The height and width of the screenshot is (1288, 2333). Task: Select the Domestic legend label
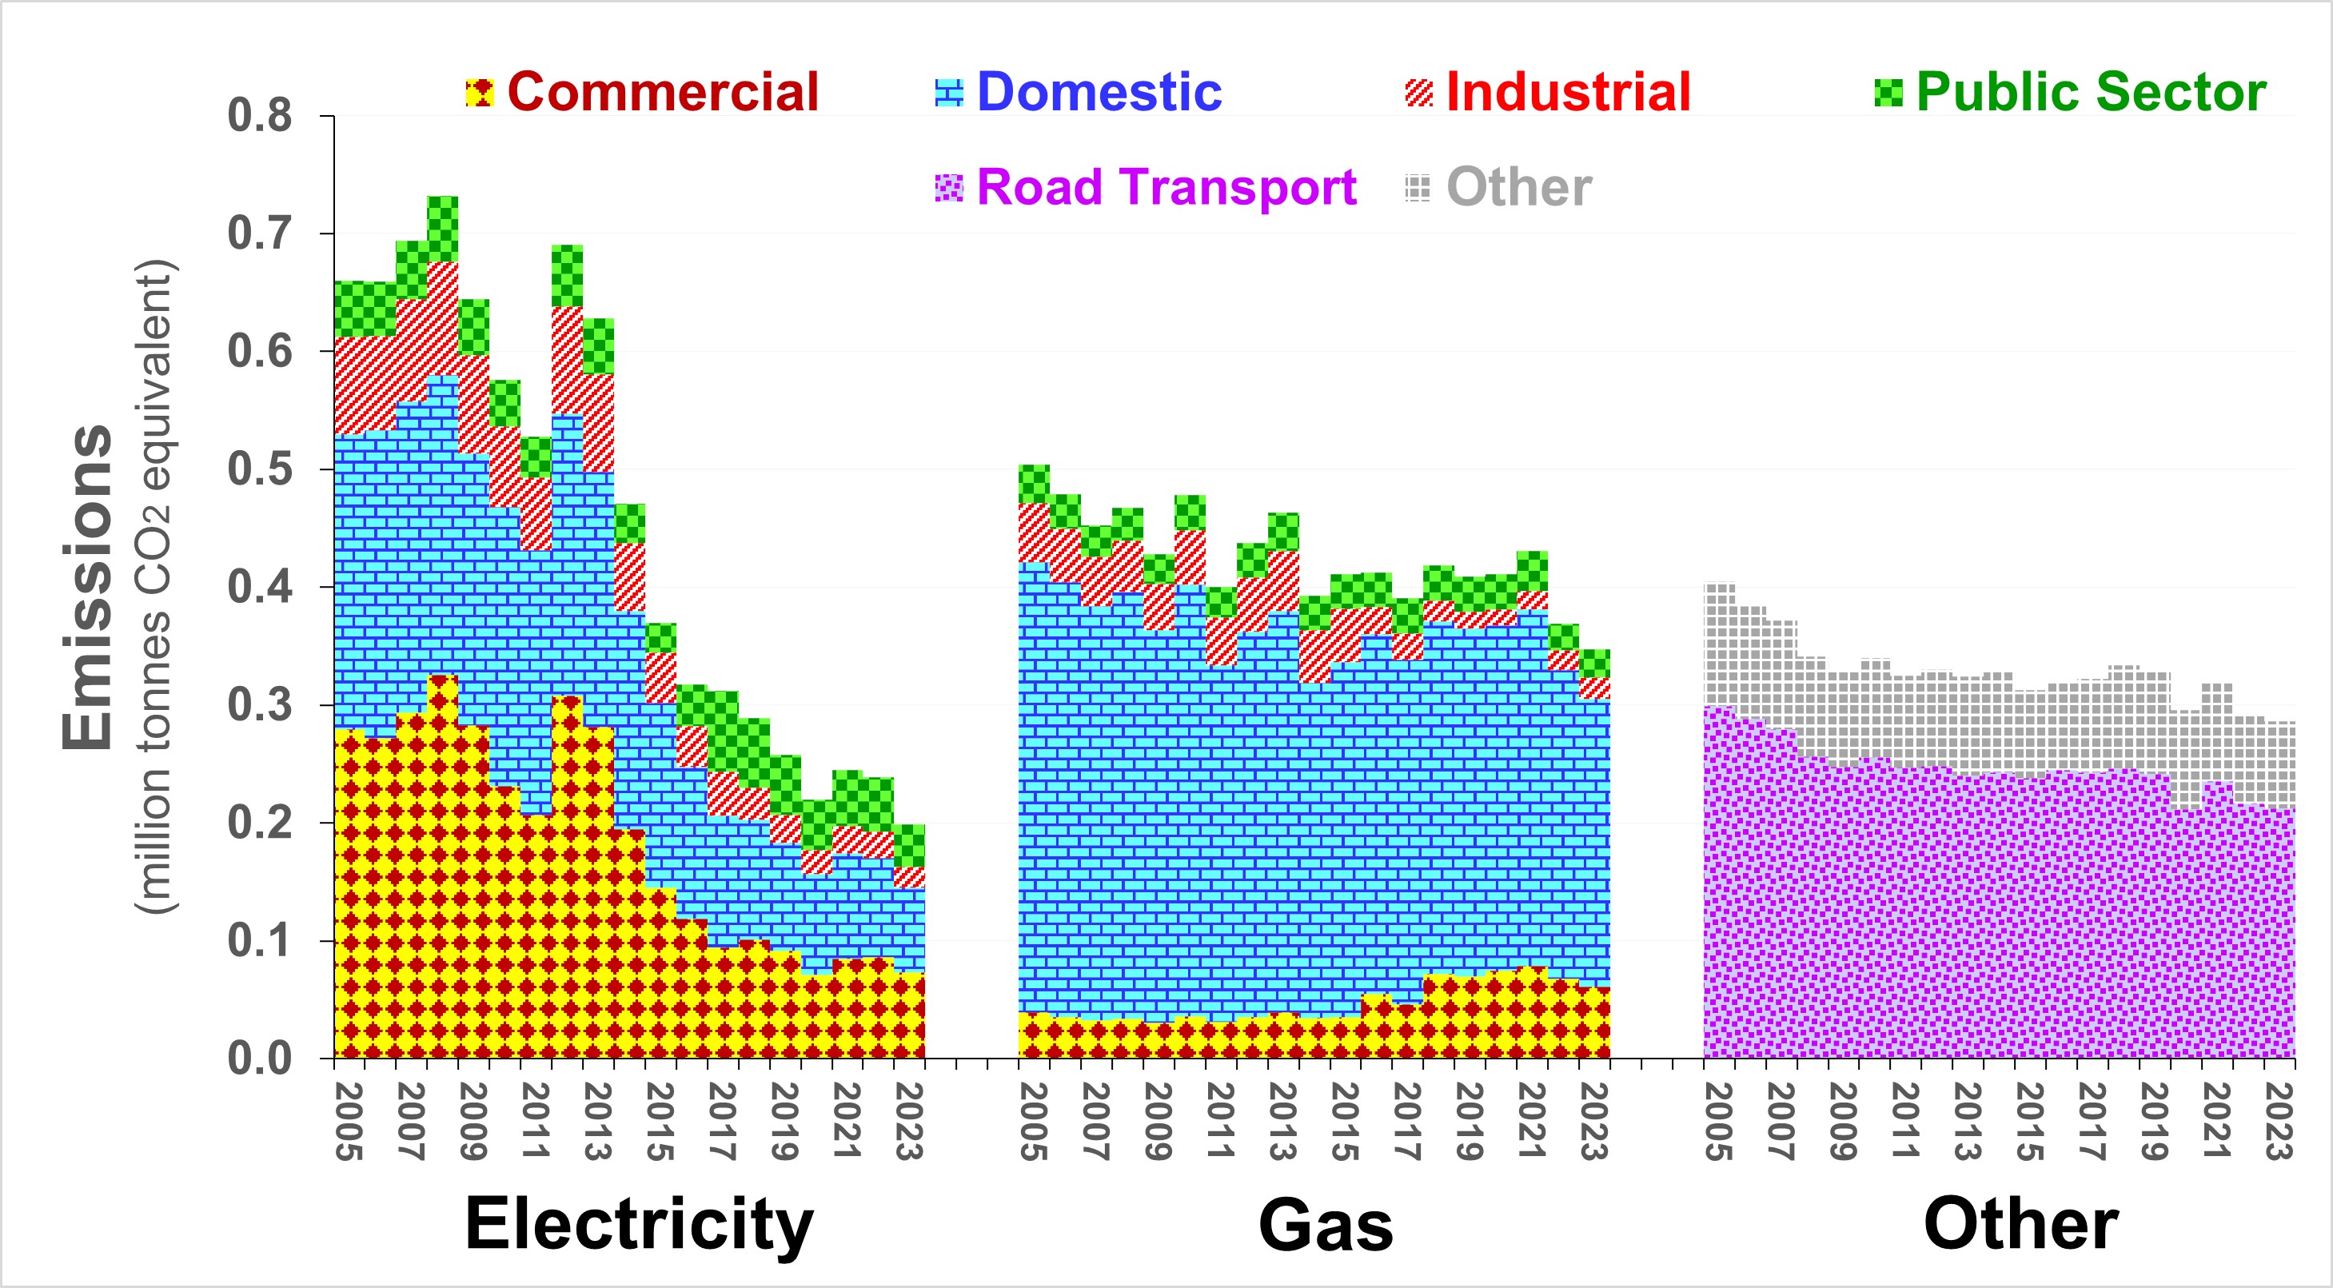(x=1099, y=93)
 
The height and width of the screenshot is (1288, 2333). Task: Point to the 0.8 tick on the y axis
(x=260, y=116)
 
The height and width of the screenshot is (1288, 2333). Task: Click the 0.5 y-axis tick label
(x=260, y=469)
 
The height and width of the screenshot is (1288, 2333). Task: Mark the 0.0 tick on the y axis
(x=260, y=1058)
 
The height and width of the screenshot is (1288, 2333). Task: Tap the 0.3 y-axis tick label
(x=260, y=704)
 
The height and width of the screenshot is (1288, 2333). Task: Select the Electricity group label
(x=639, y=1225)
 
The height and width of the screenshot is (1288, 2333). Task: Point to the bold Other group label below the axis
(x=2020, y=1225)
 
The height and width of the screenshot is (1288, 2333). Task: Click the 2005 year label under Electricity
(x=349, y=1122)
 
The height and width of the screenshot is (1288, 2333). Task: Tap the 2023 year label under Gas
(x=1594, y=1122)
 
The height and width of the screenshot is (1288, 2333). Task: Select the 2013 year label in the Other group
(x=1967, y=1122)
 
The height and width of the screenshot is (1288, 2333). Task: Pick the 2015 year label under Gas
(x=1345, y=1122)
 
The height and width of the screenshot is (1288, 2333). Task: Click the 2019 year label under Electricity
(x=784, y=1122)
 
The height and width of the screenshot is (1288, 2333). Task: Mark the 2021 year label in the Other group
(x=2216, y=1122)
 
